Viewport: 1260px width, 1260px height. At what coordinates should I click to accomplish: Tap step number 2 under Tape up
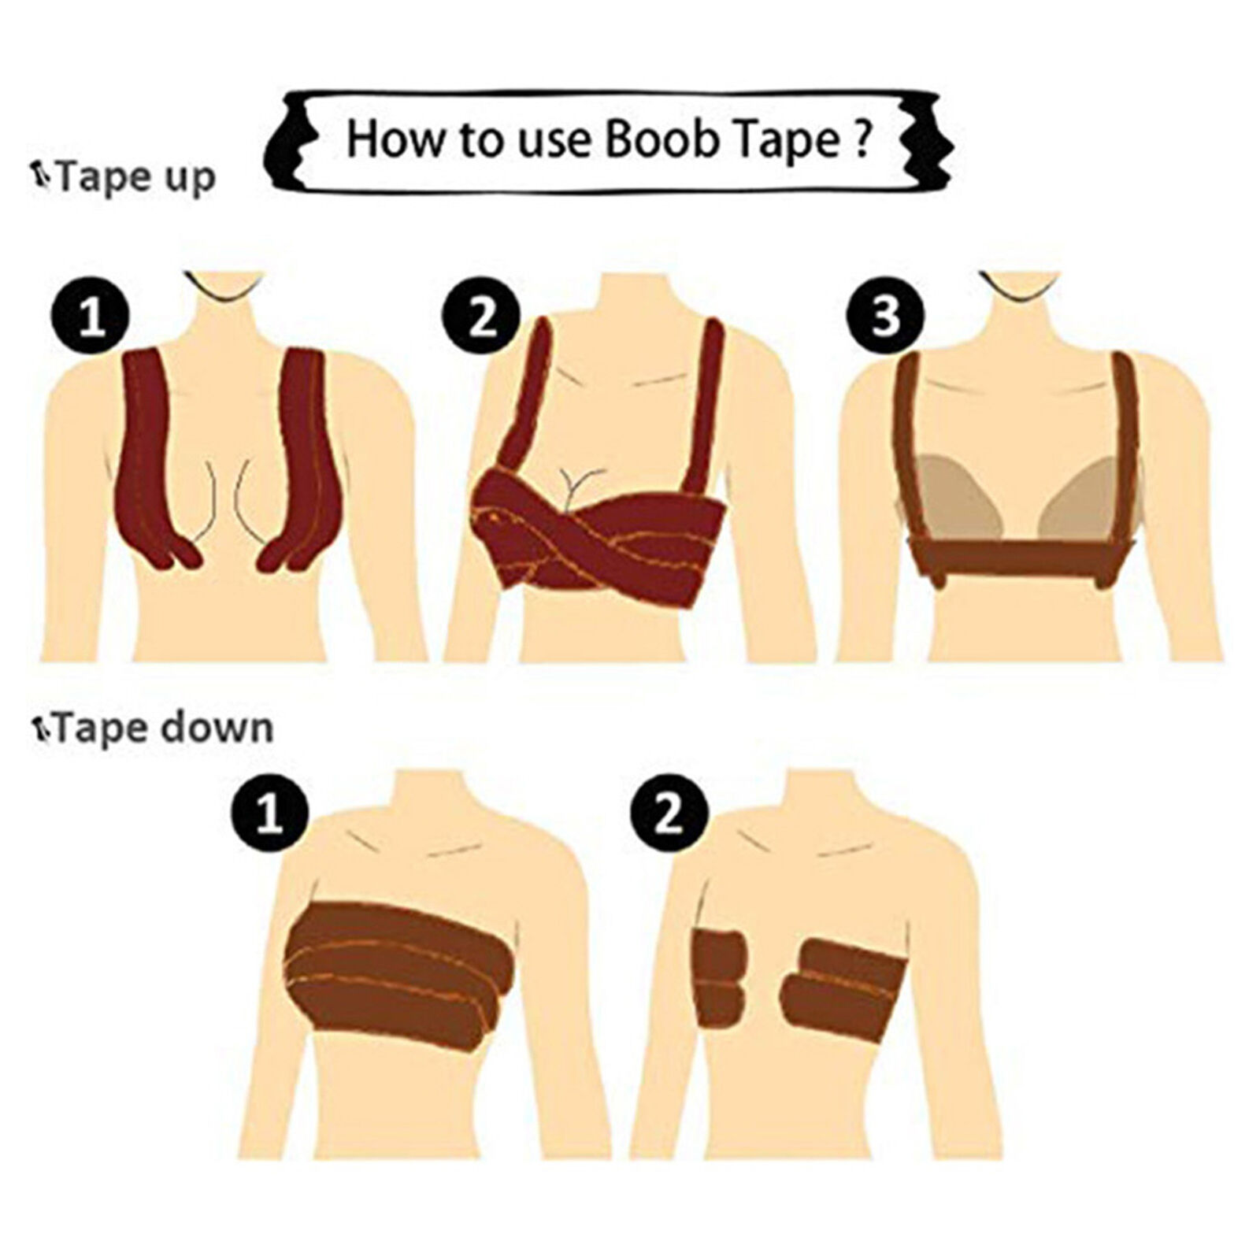(x=482, y=320)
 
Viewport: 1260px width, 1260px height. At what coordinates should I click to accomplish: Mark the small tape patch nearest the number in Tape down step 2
(x=721, y=979)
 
